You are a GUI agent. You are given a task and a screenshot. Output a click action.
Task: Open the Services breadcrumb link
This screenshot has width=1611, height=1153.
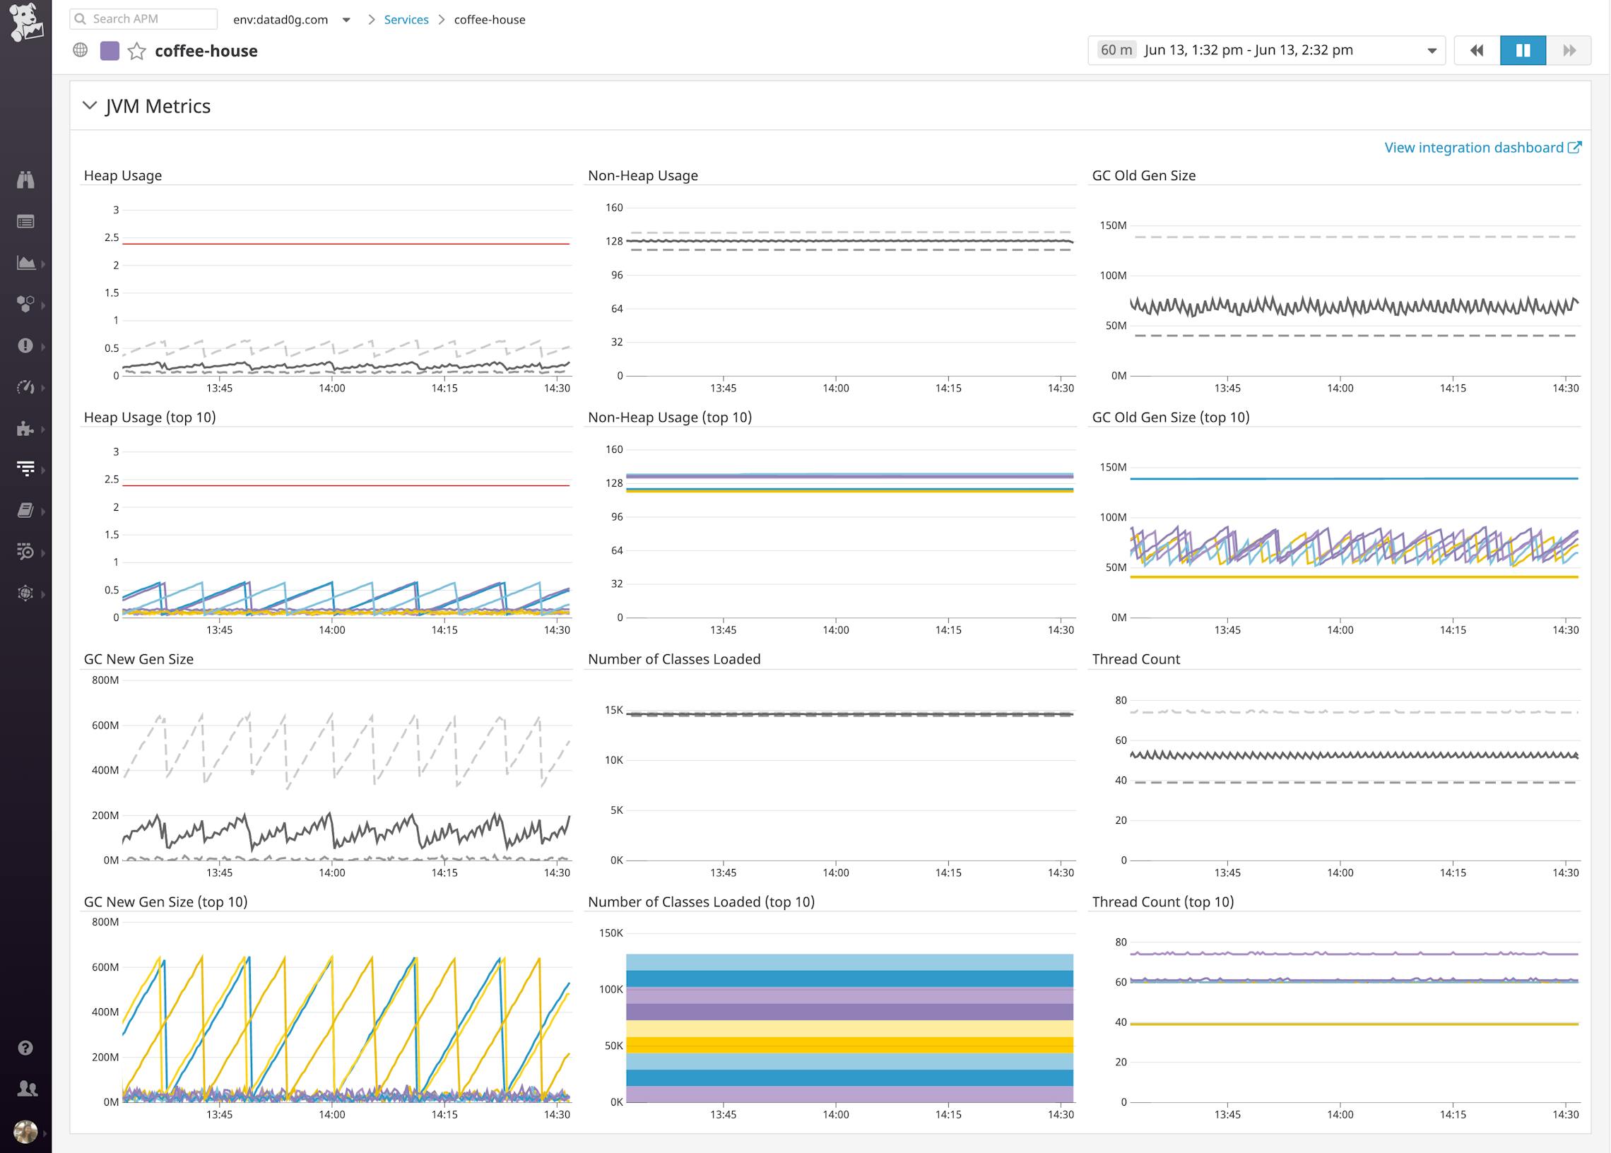(x=406, y=20)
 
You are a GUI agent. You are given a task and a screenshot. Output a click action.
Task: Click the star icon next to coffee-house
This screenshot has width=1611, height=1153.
(x=136, y=51)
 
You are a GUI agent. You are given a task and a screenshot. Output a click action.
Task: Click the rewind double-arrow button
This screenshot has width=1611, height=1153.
(x=1477, y=50)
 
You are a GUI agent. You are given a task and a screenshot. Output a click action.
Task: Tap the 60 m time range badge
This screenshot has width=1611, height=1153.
(x=1116, y=50)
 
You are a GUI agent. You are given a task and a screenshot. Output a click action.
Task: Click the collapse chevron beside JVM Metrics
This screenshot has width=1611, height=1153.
(x=90, y=106)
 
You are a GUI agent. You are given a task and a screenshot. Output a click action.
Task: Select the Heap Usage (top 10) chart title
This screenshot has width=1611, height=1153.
(x=150, y=418)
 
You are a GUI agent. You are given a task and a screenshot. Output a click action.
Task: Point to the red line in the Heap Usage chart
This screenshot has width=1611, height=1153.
(x=346, y=244)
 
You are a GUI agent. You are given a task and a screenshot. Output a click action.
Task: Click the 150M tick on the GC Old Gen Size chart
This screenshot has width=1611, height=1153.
(x=1113, y=226)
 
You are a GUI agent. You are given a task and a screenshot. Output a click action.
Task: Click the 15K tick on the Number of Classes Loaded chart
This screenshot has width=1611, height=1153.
(x=613, y=710)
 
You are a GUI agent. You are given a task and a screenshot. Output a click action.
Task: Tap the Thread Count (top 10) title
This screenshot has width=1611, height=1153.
(x=1162, y=901)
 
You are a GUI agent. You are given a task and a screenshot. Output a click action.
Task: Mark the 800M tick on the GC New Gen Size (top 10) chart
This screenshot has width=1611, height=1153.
(x=105, y=922)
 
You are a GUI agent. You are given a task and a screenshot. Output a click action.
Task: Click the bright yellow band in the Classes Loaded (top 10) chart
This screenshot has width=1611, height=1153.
(x=849, y=1044)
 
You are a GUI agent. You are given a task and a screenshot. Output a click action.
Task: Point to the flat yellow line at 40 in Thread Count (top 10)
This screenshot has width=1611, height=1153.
(x=1353, y=1024)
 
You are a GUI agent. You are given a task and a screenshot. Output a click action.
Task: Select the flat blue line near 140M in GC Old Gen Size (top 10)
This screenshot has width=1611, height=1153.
(x=1353, y=479)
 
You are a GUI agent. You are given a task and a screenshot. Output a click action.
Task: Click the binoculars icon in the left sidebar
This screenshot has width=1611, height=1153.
(x=25, y=179)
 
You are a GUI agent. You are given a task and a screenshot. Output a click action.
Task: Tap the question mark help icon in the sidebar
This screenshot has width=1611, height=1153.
(x=25, y=1048)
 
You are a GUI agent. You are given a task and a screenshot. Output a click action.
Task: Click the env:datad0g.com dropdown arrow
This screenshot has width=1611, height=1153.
(x=346, y=20)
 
